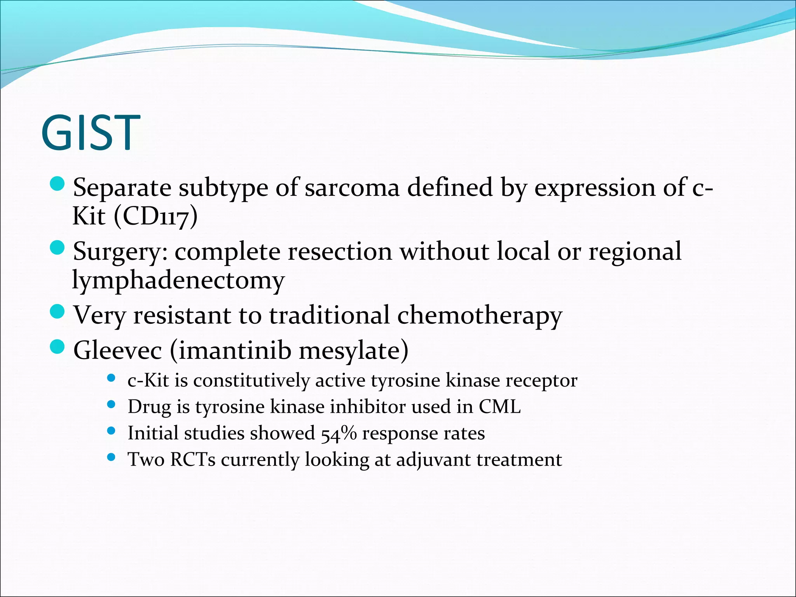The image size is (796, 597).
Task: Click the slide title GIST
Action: coord(90,133)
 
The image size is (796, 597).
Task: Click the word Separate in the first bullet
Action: coord(122,188)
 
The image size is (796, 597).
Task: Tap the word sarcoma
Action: coord(352,188)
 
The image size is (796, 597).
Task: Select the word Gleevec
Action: coord(117,351)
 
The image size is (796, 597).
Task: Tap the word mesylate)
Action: coord(353,351)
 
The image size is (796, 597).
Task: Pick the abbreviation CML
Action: coord(499,407)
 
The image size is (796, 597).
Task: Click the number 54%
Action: coord(339,433)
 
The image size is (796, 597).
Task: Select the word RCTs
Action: coord(193,460)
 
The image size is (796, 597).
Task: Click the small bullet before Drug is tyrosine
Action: coord(111,405)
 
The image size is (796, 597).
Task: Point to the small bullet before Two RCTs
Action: coord(111,457)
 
